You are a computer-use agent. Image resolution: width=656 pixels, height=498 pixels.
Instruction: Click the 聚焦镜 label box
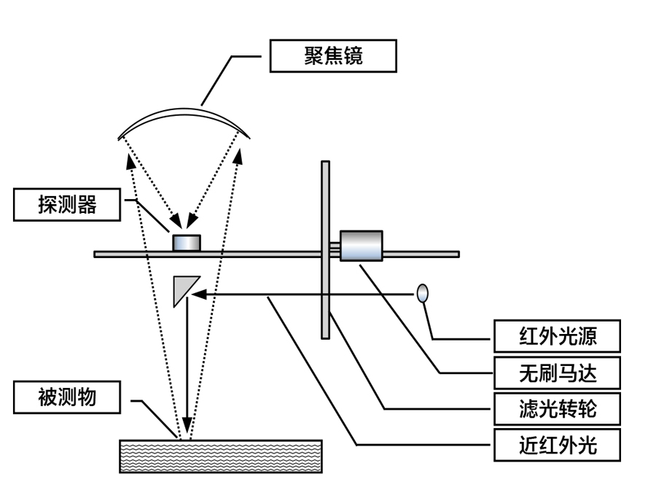coord(333,56)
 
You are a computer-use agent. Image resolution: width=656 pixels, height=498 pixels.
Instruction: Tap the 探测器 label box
coord(66,205)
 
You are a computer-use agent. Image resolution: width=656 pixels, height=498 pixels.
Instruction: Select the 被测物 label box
coord(66,397)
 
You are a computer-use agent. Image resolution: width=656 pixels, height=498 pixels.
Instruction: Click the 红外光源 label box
coord(557,337)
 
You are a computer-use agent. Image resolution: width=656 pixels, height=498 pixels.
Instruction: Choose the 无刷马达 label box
coord(557,373)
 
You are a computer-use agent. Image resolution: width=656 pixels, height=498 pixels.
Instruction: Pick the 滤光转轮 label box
coord(557,408)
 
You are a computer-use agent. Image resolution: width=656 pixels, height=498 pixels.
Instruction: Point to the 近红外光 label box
coord(557,444)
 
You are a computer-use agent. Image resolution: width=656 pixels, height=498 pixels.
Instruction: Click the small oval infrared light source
coord(422,293)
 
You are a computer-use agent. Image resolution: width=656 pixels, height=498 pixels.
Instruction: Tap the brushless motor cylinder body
coord(361,246)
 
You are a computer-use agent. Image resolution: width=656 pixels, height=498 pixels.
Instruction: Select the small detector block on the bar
coord(185,242)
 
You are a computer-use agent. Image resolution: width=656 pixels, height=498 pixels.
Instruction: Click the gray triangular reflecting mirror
coord(183,289)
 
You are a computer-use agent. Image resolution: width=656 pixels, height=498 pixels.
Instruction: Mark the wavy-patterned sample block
coord(220,456)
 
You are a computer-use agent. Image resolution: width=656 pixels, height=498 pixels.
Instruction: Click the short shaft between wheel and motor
coord(335,250)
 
